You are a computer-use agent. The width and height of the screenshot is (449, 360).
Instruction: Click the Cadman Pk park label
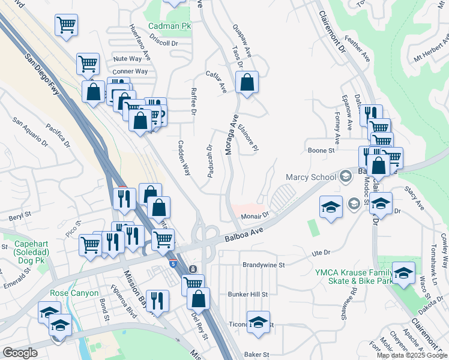169,26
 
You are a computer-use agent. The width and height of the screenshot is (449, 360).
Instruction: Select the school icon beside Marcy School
345,176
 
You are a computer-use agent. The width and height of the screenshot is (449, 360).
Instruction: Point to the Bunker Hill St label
247,295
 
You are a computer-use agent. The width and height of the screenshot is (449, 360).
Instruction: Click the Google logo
20,353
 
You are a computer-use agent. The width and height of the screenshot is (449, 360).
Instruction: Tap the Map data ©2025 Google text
412,355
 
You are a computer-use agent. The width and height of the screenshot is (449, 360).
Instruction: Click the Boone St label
321,151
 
